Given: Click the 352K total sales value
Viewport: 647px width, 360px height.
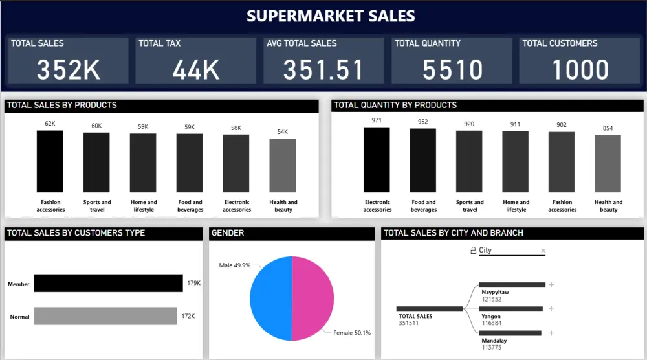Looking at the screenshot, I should point(68,69).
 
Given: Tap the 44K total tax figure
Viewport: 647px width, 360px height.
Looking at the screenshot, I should point(196,69).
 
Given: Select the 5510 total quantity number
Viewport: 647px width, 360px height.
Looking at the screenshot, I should point(452,69).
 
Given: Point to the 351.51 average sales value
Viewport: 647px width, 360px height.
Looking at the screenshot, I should point(323,69).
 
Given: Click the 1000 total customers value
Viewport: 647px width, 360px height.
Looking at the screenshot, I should point(580,69).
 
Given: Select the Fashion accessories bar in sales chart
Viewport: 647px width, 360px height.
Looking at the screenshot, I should point(50,161).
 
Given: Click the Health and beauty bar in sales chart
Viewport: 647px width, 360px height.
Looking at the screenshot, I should point(283,165).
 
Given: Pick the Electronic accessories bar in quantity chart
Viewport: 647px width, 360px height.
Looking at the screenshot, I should point(377,159).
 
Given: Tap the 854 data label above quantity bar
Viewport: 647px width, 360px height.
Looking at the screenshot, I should point(608,128).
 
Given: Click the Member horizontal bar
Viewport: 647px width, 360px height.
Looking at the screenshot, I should point(108,284).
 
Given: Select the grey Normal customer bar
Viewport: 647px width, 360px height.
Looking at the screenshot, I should point(105,316).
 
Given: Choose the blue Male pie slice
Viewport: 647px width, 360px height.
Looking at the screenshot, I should point(270,298).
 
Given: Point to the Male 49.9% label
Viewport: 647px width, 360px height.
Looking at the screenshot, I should point(234,265).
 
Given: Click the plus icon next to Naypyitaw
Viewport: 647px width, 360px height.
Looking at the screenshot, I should point(551,285).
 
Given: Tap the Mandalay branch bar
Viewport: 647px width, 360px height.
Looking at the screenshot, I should point(510,333).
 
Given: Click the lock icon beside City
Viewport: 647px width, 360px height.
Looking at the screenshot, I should point(473,251).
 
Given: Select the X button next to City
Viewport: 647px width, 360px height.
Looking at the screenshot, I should point(543,251).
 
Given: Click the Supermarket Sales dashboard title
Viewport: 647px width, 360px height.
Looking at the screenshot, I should point(331,16).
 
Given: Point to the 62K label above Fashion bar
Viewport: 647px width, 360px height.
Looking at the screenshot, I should point(50,124).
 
